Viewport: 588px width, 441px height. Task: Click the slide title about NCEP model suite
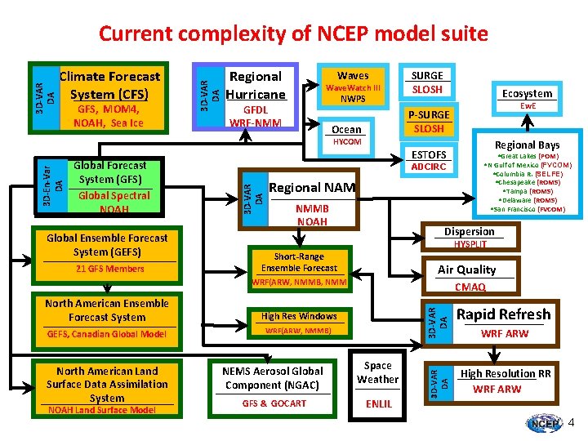293,33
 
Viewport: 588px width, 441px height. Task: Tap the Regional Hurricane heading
256,85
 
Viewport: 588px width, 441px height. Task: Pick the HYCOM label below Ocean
347,142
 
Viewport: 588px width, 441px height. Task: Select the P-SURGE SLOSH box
429,122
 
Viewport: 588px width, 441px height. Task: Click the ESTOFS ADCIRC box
429,160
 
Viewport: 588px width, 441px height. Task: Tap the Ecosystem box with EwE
527,99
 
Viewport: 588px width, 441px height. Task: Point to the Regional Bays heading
527,145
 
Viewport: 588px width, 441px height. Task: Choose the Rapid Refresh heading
503,314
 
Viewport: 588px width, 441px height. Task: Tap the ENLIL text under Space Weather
378,403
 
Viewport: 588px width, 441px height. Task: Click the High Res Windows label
299,316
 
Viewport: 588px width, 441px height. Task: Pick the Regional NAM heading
312,188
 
